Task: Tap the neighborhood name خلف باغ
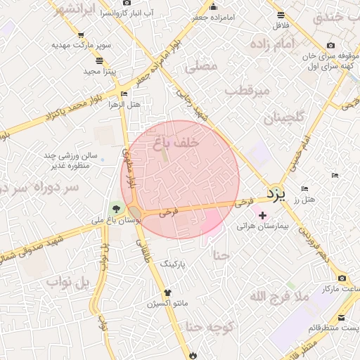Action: (176, 142)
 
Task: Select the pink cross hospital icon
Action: (263, 215)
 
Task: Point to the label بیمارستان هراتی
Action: (266, 226)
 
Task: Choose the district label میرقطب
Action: (247, 91)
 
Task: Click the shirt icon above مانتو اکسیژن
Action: (167, 292)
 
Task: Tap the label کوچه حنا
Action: (205, 326)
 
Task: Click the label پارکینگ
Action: (176, 264)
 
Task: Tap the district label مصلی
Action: (201, 67)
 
